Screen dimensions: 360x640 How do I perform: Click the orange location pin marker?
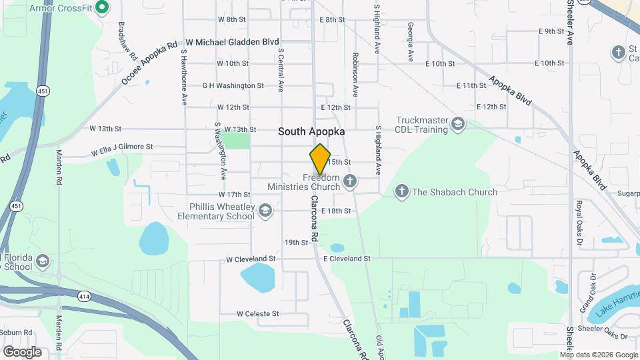[321, 159]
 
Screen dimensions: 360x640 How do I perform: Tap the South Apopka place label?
[311, 132]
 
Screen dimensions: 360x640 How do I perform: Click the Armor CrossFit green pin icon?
[101, 9]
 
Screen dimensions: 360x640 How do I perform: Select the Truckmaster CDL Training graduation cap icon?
[458, 123]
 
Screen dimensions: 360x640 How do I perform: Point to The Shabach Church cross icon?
[401, 192]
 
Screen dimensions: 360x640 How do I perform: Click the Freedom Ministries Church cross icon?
[350, 181]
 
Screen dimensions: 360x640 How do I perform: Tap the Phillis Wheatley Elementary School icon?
[265, 211]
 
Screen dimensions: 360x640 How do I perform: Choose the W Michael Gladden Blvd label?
[232, 42]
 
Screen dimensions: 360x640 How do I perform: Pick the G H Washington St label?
[233, 85]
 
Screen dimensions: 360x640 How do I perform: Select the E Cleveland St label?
[347, 259]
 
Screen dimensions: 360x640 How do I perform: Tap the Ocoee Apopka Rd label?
[150, 64]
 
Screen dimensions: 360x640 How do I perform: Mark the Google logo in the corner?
[22, 351]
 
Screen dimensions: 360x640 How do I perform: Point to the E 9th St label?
[551, 31]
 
